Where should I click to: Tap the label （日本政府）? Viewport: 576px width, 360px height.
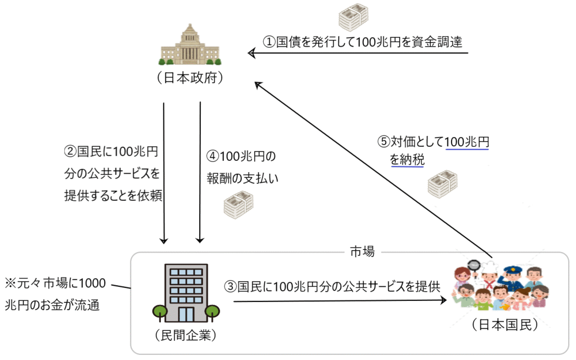tap(190, 78)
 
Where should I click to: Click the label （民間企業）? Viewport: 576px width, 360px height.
tap(186, 335)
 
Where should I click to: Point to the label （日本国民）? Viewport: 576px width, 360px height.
tap(506, 325)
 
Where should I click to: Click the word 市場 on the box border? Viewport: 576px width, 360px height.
tap(362, 251)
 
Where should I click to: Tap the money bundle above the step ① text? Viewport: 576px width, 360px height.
tap(353, 17)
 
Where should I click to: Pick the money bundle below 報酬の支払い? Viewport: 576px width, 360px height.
tap(238, 205)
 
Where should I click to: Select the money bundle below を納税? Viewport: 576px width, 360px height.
tap(443, 184)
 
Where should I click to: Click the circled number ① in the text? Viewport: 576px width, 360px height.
tap(269, 42)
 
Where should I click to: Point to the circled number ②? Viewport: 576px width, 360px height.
tap(70, 151)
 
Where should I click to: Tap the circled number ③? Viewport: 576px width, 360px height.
tap(231, 286)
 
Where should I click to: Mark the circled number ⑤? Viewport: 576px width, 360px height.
tap(384, 141)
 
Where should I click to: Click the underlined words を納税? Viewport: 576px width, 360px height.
tap(407, 160)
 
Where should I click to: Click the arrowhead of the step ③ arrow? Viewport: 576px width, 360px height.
tap(443, 300)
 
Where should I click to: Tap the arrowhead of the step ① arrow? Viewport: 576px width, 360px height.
tap(251, 53)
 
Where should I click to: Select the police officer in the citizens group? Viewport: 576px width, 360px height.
tap(512, 276)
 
